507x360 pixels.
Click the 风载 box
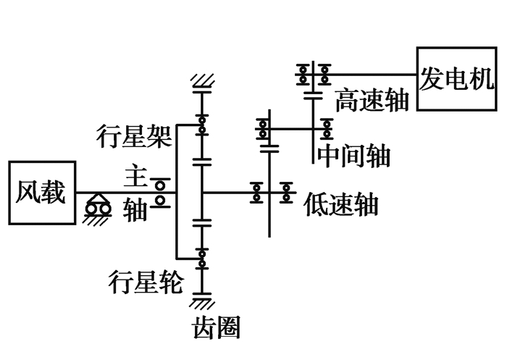coord(41,193)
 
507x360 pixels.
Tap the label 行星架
coord(133,135)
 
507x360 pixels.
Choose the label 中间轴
coord(353,155)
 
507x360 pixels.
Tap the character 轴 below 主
coord(135,209)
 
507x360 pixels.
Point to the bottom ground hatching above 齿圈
coord(202,298)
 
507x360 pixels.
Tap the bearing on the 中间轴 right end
coord(327,129)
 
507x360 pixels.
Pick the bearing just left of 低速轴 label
coord(288,192)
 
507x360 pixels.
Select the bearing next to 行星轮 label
coord(202,256)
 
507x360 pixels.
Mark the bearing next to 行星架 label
coord(202,125)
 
